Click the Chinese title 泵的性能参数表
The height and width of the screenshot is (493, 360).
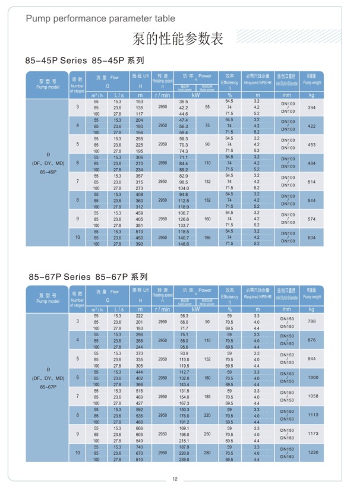point(178,40)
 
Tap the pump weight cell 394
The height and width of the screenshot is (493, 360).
point(311,108)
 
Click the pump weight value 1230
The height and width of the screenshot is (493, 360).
point(311,453)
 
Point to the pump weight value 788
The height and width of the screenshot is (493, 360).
point(311,321)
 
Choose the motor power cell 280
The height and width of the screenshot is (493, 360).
point(207,453)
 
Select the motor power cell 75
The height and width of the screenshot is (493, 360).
point(207,126)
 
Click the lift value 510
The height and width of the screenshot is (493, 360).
point(141,231)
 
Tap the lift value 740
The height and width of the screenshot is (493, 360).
point(141,447)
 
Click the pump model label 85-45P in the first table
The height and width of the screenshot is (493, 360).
point(48,172)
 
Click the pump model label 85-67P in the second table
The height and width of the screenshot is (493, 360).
point(48,387)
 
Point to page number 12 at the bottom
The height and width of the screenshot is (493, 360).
point(175,480)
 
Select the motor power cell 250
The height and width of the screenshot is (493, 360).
point(207,434)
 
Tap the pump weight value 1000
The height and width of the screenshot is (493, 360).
point(311,378)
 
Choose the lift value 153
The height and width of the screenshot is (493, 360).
point(141,102)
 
